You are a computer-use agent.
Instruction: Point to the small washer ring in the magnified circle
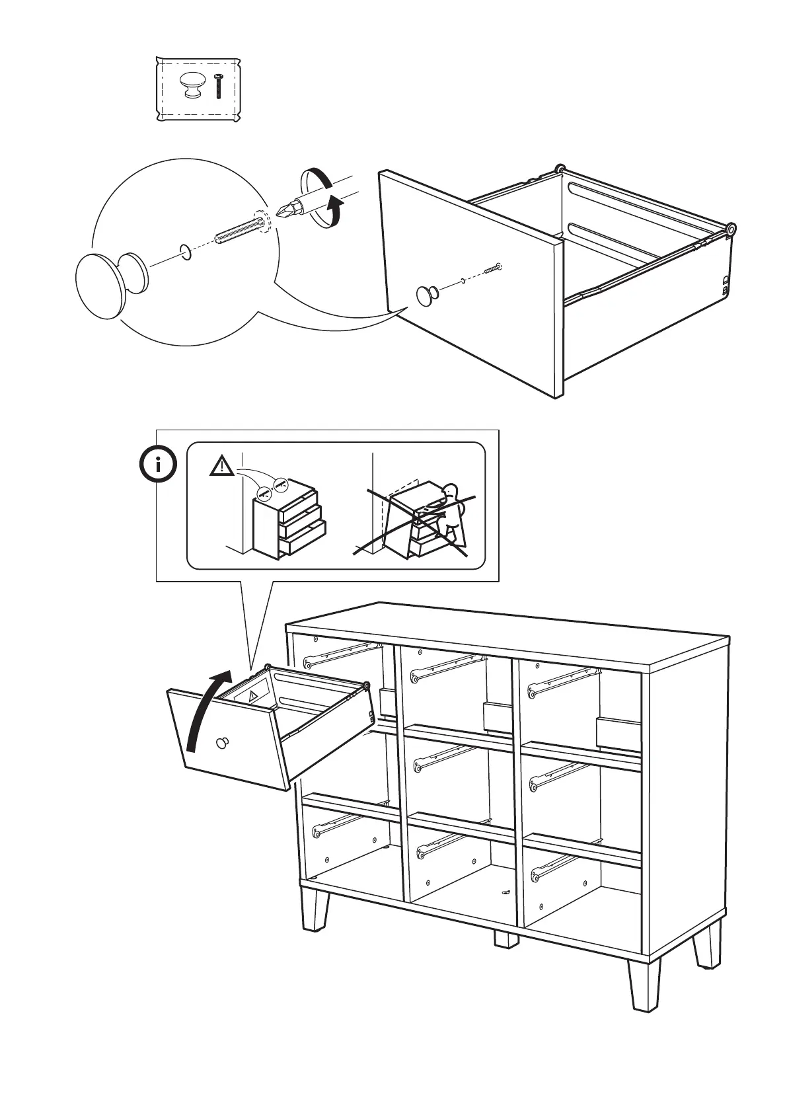186,251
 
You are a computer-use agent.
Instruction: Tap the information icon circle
158,465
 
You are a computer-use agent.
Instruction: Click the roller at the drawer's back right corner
731,229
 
